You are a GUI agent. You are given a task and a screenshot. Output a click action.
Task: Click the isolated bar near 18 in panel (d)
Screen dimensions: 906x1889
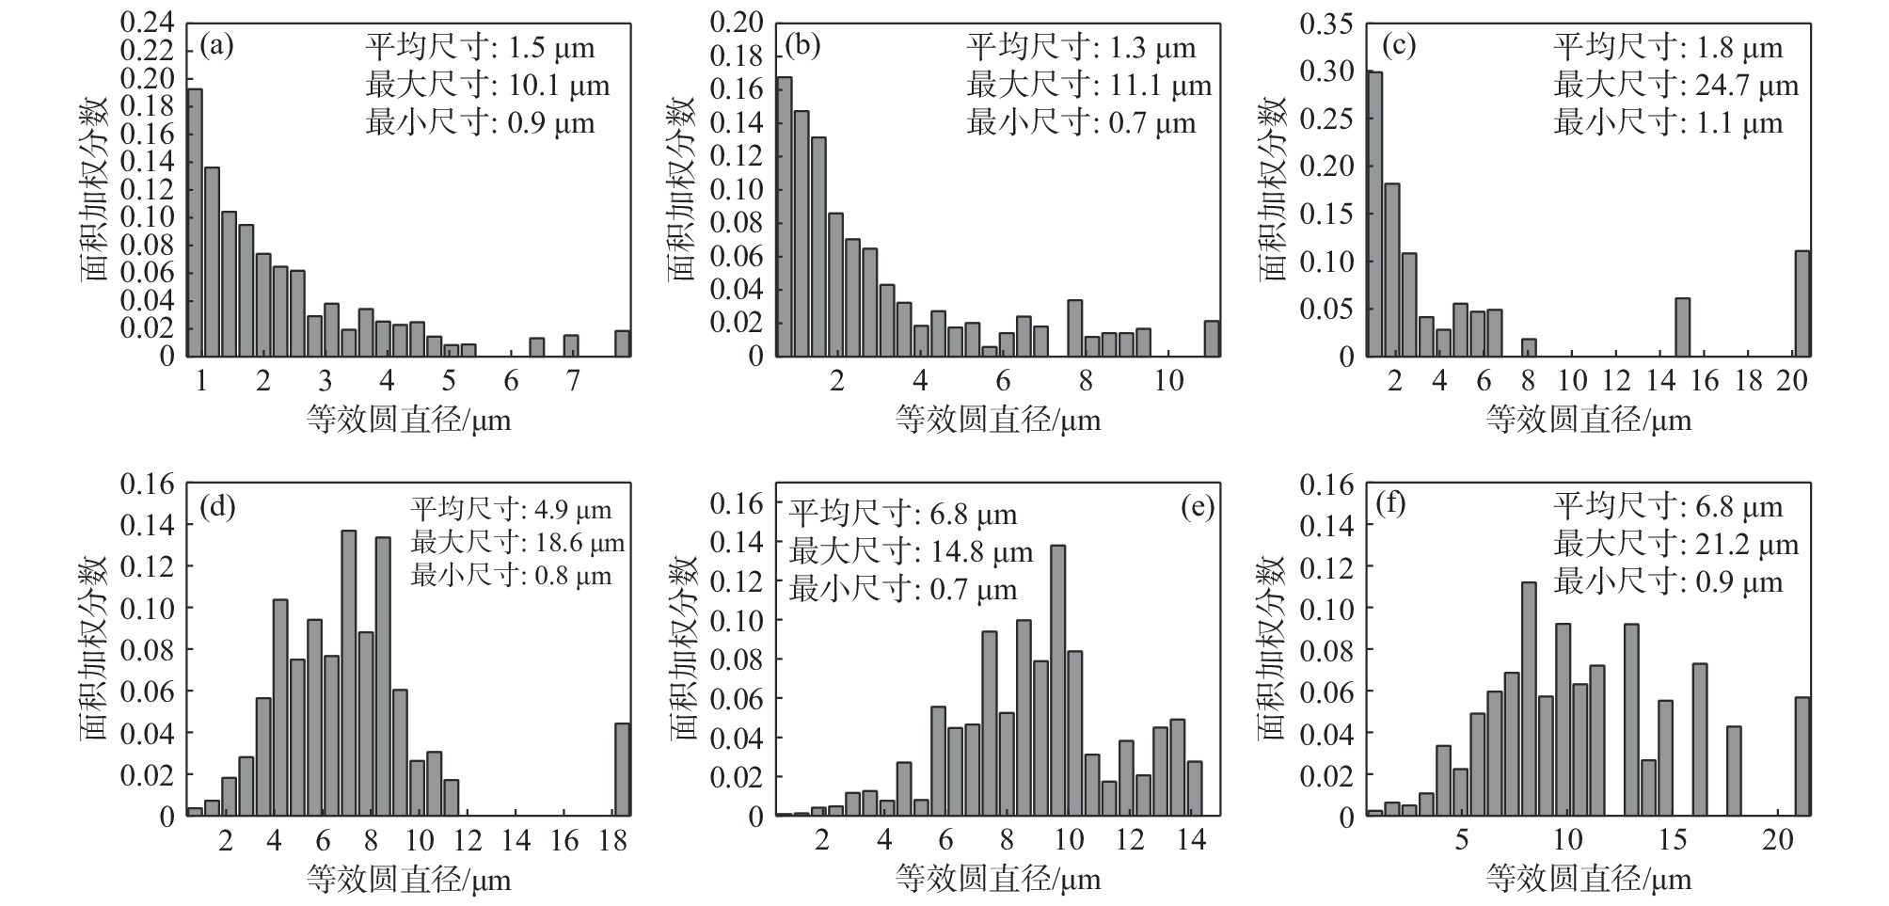click(x=622, y=769)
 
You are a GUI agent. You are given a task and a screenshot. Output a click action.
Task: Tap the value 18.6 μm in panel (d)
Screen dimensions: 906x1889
click(x=577, y=543)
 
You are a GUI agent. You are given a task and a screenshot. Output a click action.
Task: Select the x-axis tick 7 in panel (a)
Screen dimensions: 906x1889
click(x=572, y=381)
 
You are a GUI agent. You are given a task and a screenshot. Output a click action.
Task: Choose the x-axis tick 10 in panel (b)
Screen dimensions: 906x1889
click(x=1168, y=381)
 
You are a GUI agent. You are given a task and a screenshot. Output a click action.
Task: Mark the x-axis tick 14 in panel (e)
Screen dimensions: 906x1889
click(x=1191, y=840)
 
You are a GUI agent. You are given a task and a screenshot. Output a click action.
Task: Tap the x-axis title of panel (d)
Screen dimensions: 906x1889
click(x=408, y=881)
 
